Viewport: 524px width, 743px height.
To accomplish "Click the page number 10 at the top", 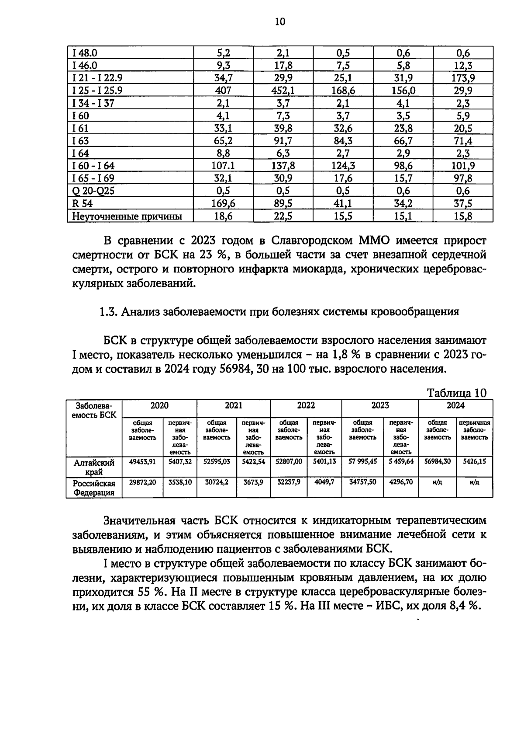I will tap(280, 21).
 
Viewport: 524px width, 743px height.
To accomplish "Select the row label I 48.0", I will tap(85, 53).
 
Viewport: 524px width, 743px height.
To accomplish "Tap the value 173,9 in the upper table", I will tap(463, 78).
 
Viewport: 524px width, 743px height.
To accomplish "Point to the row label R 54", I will tap(83, 203).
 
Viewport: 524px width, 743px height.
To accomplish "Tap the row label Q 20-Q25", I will tap(93, 191).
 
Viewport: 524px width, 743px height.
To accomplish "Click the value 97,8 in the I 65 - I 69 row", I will tap(463, 178).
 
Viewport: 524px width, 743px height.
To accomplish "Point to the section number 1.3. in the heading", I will tap(108, 312).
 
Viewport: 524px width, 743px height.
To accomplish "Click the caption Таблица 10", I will tap(456, 393).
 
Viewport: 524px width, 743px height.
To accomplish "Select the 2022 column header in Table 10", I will tap(306, 405).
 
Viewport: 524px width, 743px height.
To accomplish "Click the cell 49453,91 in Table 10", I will tap(142, 461).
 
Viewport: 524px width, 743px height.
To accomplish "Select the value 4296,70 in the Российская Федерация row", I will tap(401, 482).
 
